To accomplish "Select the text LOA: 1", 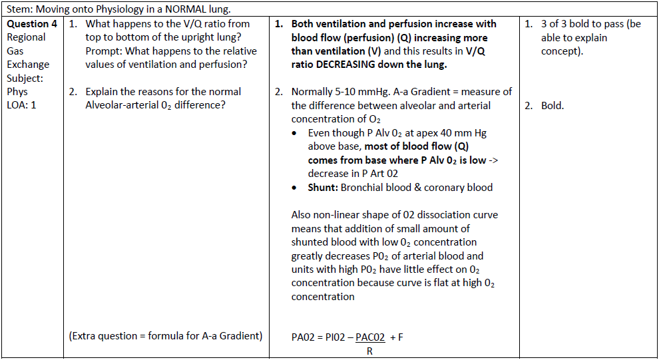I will [x=22, y=105].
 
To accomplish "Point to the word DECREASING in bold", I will [x=353, y=65].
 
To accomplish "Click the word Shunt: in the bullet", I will [x=323, y=187].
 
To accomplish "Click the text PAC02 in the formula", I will [x=370, y=337].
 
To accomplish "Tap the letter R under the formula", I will [x=369, y=351].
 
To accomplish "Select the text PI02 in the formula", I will [x=333, y=337].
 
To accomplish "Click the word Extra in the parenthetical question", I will [x=87, y=336].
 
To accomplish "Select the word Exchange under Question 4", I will [x=28, y=65].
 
